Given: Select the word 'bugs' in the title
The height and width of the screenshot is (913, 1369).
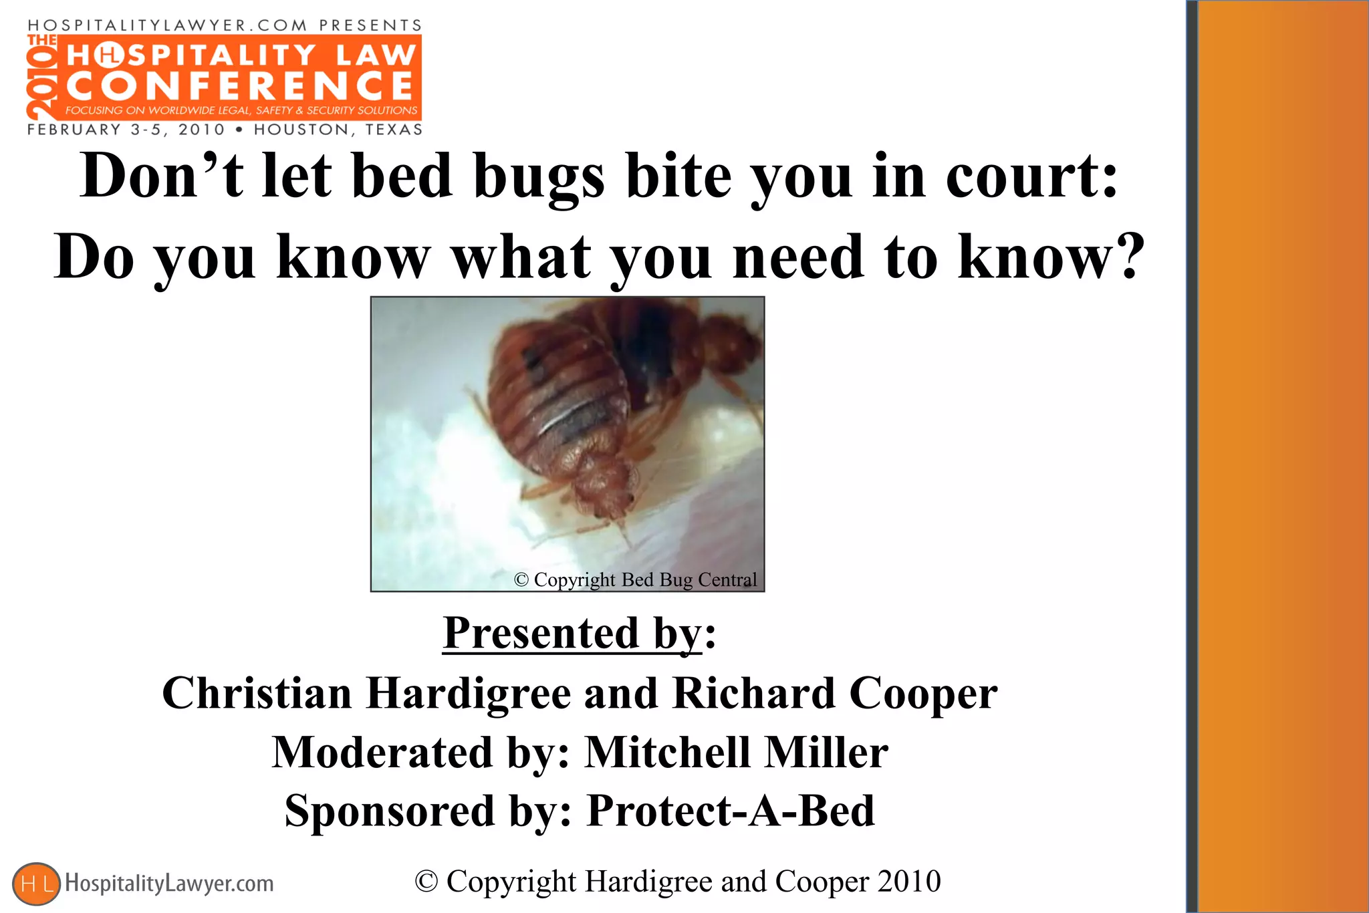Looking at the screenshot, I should pos(539,176).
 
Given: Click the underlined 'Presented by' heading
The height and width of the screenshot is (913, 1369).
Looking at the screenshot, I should pos(572,633).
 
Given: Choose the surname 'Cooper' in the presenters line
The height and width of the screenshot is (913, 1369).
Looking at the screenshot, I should pos(923,693).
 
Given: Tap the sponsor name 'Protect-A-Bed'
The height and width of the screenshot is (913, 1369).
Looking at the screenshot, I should pos(731,811).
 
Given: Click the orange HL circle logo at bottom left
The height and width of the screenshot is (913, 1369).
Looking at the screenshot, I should pos(36,884).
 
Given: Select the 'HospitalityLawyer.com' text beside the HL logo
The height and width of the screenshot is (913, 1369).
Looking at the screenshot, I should pos(169,884).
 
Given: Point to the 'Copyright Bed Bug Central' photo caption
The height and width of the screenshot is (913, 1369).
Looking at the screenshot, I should pos(635,579).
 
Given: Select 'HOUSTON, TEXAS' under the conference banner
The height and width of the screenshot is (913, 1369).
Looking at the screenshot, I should pos(338,130).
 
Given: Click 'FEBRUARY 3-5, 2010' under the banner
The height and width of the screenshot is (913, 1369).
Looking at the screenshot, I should pos(126,130).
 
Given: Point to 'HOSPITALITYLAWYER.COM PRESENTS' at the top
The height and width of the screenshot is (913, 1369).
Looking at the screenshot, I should pos(225,25).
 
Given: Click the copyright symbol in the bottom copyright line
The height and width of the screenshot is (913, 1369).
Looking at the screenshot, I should pos(426,882).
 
